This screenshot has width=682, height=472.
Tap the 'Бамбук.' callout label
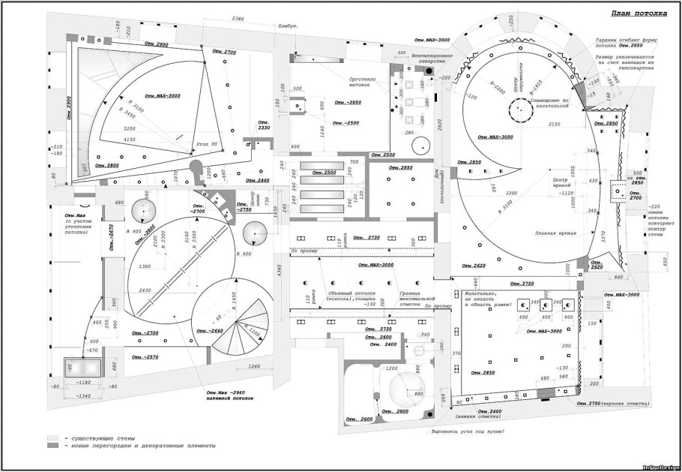pyautogui.click(x=289, y=26)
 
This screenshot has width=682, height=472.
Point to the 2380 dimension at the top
pyautogui.click(x=239, y=18)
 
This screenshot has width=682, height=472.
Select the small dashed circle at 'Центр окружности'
pyautogui.click(x=519, y=110)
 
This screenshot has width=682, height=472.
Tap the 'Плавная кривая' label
pyautogui.click(x=555, y=233)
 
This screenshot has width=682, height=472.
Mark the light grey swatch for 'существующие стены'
pyautogui.click(x=52, y=437)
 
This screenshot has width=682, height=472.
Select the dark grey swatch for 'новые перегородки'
pyautogui.click(x=52, y=446)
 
